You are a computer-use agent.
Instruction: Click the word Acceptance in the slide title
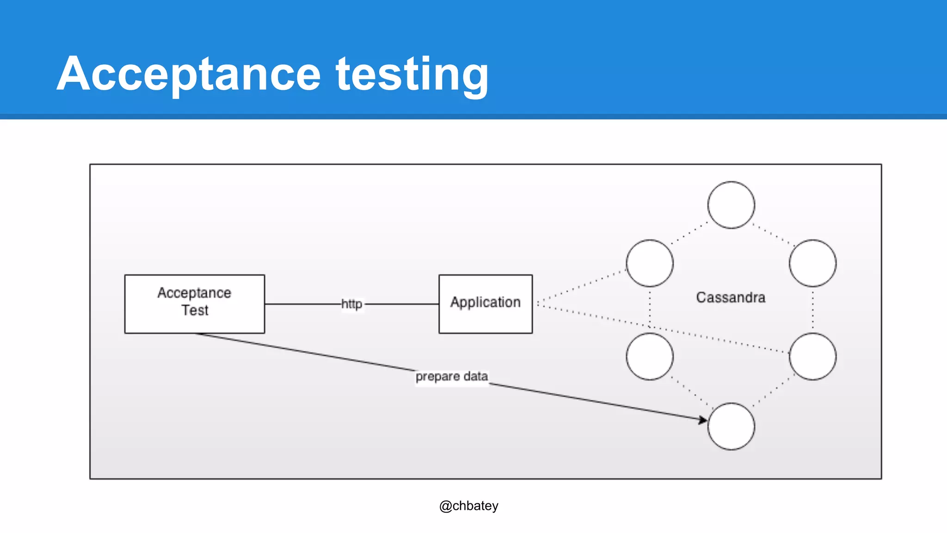pos(189,74)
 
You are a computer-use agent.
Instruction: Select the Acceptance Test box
pos(194,304)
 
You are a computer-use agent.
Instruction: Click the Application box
pos(486,304)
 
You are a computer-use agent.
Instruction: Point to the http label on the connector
pos(351,304)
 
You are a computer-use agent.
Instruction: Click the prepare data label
pos(451,376)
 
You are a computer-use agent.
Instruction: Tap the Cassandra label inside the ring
pos(731,297)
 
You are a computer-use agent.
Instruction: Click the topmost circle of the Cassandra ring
pos(731,205)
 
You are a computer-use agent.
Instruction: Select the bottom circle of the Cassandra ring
pos(731,426)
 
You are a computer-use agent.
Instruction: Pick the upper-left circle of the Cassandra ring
pos(650,263)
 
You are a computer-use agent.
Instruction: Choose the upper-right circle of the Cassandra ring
pos(812,263)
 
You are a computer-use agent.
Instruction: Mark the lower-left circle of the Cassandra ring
pos(650,356)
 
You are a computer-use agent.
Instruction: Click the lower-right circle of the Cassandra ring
pos(812,356)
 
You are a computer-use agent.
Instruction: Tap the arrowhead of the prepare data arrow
pos(703,420)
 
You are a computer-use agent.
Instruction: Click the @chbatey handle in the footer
pos(468,506)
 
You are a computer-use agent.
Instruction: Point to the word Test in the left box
pos(195,310)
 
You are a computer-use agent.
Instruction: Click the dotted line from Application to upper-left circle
pos(583,285)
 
